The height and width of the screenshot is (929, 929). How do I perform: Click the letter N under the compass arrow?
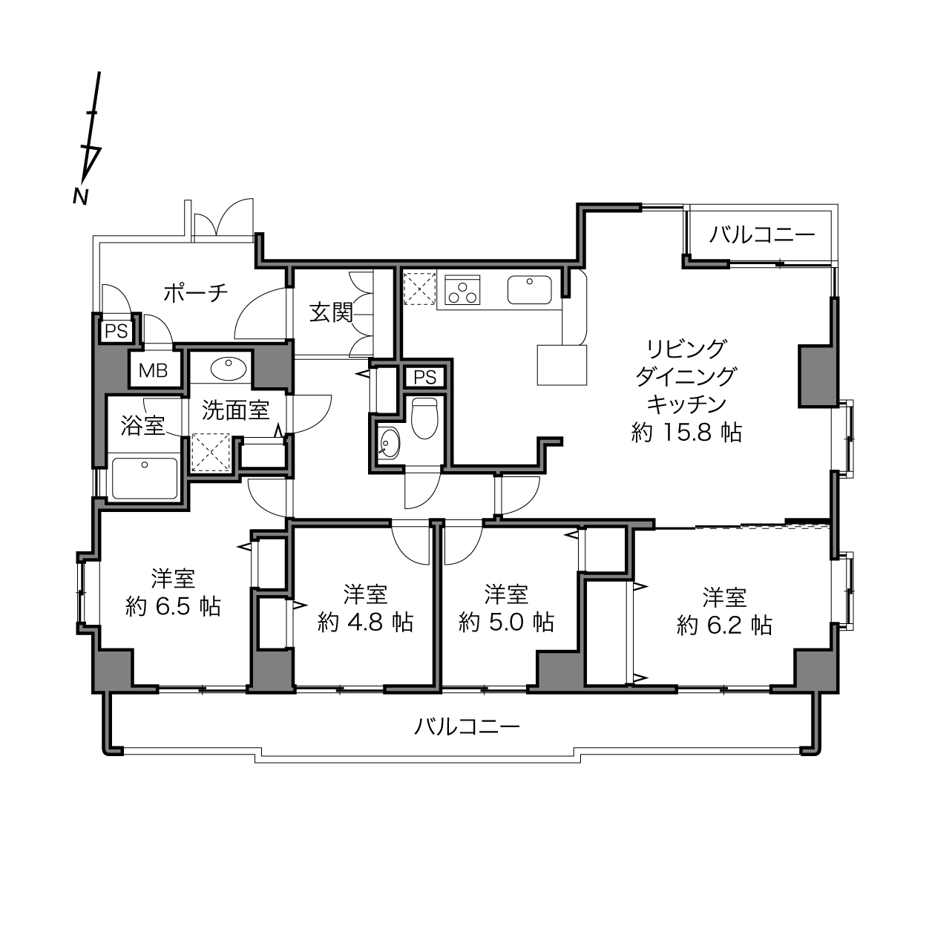[81, 196]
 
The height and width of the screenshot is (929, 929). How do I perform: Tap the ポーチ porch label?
[195, 293]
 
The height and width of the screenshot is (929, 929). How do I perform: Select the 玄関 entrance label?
[331, 312]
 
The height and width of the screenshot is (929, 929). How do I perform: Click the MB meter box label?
[154, 370]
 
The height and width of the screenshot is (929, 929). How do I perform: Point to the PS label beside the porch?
[116, 331]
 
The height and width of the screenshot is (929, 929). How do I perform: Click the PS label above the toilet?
[424, 377]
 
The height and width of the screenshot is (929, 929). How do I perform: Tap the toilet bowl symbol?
[424, 418]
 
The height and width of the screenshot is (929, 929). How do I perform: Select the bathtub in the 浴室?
[145, 479]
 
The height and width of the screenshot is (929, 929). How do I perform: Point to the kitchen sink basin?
[529, 289]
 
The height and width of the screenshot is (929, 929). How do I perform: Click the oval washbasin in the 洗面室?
[229, 370]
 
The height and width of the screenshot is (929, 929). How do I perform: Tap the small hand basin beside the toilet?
[390, 443]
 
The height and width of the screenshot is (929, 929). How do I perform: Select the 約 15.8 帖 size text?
[686, 433]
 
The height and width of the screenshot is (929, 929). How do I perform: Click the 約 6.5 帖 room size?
[173, 606]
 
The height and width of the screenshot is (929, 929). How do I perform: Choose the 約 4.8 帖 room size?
[365, 622]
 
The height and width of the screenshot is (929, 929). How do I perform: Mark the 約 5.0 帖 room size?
[506, 622]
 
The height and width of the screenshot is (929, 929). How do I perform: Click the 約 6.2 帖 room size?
[724, 626]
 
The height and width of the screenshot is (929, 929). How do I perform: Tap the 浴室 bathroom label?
[142, 426]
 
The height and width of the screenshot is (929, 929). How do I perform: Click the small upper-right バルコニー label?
[762, 234]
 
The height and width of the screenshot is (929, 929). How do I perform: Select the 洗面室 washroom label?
[235, 410]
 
